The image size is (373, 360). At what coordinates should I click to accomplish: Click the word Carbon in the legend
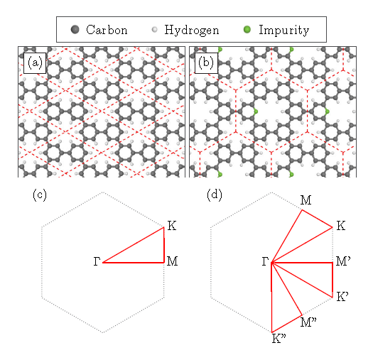tap(107, 30)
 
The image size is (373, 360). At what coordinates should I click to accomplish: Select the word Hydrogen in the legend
tap(192, 31)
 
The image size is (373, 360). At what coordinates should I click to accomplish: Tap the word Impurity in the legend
tap(284, 31)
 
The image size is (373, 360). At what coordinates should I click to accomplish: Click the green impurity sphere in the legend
tap(247, 30)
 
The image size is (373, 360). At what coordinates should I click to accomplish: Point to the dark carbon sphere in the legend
tap(75, 30)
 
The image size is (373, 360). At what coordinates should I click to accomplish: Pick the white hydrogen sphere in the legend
tap(155, 30)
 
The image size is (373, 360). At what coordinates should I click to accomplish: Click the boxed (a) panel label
tap(35, 63)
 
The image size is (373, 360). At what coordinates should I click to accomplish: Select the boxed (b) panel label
tap(206, 63)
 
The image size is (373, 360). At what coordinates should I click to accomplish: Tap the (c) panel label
tap(40, 195)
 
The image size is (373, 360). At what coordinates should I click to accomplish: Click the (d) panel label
tap(215, 195)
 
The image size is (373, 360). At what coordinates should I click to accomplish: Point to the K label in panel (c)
tap(172, 226)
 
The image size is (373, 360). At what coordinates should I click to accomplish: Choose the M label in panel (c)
tap(172, 261)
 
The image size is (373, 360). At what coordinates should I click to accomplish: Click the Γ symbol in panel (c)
tap(97, 261)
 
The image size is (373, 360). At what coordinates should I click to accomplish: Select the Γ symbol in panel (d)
tap(265, 261)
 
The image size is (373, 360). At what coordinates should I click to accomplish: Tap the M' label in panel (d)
tap(343, 261)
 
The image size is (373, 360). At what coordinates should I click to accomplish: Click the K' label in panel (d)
tap(342, 297)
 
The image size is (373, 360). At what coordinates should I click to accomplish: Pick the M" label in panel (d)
tap(308, 322)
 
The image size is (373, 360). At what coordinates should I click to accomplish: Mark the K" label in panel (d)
tap(279, 339)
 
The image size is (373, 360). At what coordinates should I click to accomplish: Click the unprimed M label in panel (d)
tap(306, 200)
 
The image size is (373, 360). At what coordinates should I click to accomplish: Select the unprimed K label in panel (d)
tap(341, 226)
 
